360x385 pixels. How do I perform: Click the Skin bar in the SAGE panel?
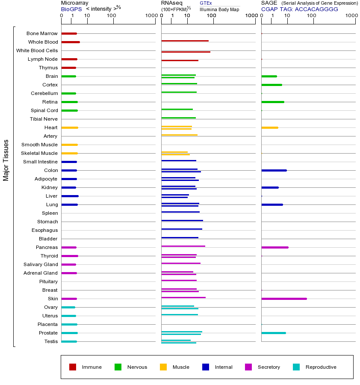pyautogui.click(x=284, y=299)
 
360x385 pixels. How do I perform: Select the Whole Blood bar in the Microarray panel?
pyautogui.click(x=71, y=42)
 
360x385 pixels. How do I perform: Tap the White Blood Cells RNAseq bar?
pyautogui.click(x=186, y=52)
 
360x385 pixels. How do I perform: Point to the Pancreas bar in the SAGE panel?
pyautogui.click(x=274, y=247)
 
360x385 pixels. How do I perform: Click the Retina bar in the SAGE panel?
pyautogui.click(x=272, y=102)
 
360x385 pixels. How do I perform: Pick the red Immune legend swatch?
pyautogui.click(x=73, y=367)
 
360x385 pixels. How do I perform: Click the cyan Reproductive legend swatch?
pyautogui.click(x=296, y=367)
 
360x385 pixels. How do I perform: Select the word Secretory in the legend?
pyautogui.click(x=269, y=367)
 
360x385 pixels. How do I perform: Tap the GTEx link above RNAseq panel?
pyautogui.click(x=206, y=3)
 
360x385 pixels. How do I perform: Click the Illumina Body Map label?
pyautogui.click(x=219, y=9)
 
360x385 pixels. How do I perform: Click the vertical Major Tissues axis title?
pyautogui.click(x=6, y=160)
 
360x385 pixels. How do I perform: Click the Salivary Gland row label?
pyautogui.click(x=41, y=264)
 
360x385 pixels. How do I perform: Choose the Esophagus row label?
pyautogui.click(x=44, y=230)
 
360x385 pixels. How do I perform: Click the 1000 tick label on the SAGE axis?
pyautogui.click(x=351, y=16)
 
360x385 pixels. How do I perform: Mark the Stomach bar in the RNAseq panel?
pyautogui.click(x=182, y=220)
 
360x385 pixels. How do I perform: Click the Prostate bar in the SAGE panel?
pyautogui.click(x=273, y=333)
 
